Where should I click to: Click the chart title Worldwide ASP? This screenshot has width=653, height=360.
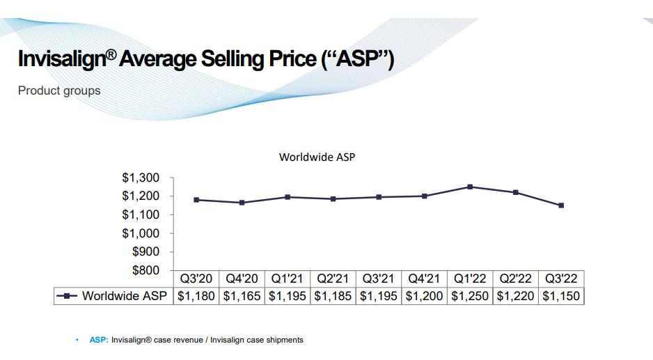pos(317,157)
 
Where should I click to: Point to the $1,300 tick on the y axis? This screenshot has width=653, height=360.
pos(143,178)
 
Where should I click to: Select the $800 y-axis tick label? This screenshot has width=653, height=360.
pos(147,270)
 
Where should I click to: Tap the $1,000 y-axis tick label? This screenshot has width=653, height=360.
pos(143,233)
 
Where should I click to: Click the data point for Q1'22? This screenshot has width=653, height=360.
pos(470,187)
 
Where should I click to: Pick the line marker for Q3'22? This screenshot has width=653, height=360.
pos(561,205)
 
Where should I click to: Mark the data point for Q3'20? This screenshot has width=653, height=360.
pos(196,200)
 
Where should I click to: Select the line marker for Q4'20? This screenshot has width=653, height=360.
pos(242,203)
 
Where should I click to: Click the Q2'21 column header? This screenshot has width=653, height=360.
pos(333,279)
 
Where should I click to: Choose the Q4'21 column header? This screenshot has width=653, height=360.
pos(424,279)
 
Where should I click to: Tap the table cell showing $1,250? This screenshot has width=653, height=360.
pos(470,296)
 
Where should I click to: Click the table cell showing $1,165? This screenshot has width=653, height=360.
pos(242,296)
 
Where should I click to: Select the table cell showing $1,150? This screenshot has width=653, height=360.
pos(561,296)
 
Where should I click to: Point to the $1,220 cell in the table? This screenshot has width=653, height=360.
pos(516,296)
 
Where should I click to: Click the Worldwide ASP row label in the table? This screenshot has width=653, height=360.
pos(125,296)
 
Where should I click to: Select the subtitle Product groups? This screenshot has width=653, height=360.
pos(59,91)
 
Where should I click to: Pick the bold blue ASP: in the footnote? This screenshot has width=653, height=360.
pos(99,340)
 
